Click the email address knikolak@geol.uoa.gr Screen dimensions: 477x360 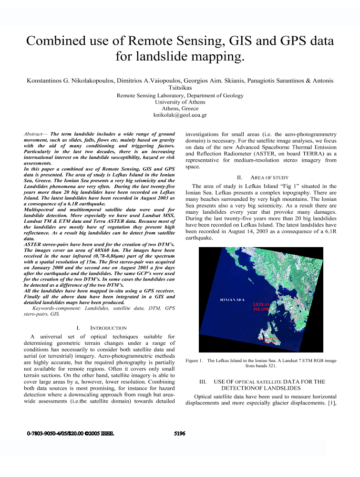click(180, 115)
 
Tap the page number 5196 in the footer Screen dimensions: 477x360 click(180, 434)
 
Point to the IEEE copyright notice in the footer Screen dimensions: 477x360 click(70, 434)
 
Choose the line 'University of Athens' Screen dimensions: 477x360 click(180, 102)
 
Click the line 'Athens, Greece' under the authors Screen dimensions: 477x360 click(180, 109)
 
